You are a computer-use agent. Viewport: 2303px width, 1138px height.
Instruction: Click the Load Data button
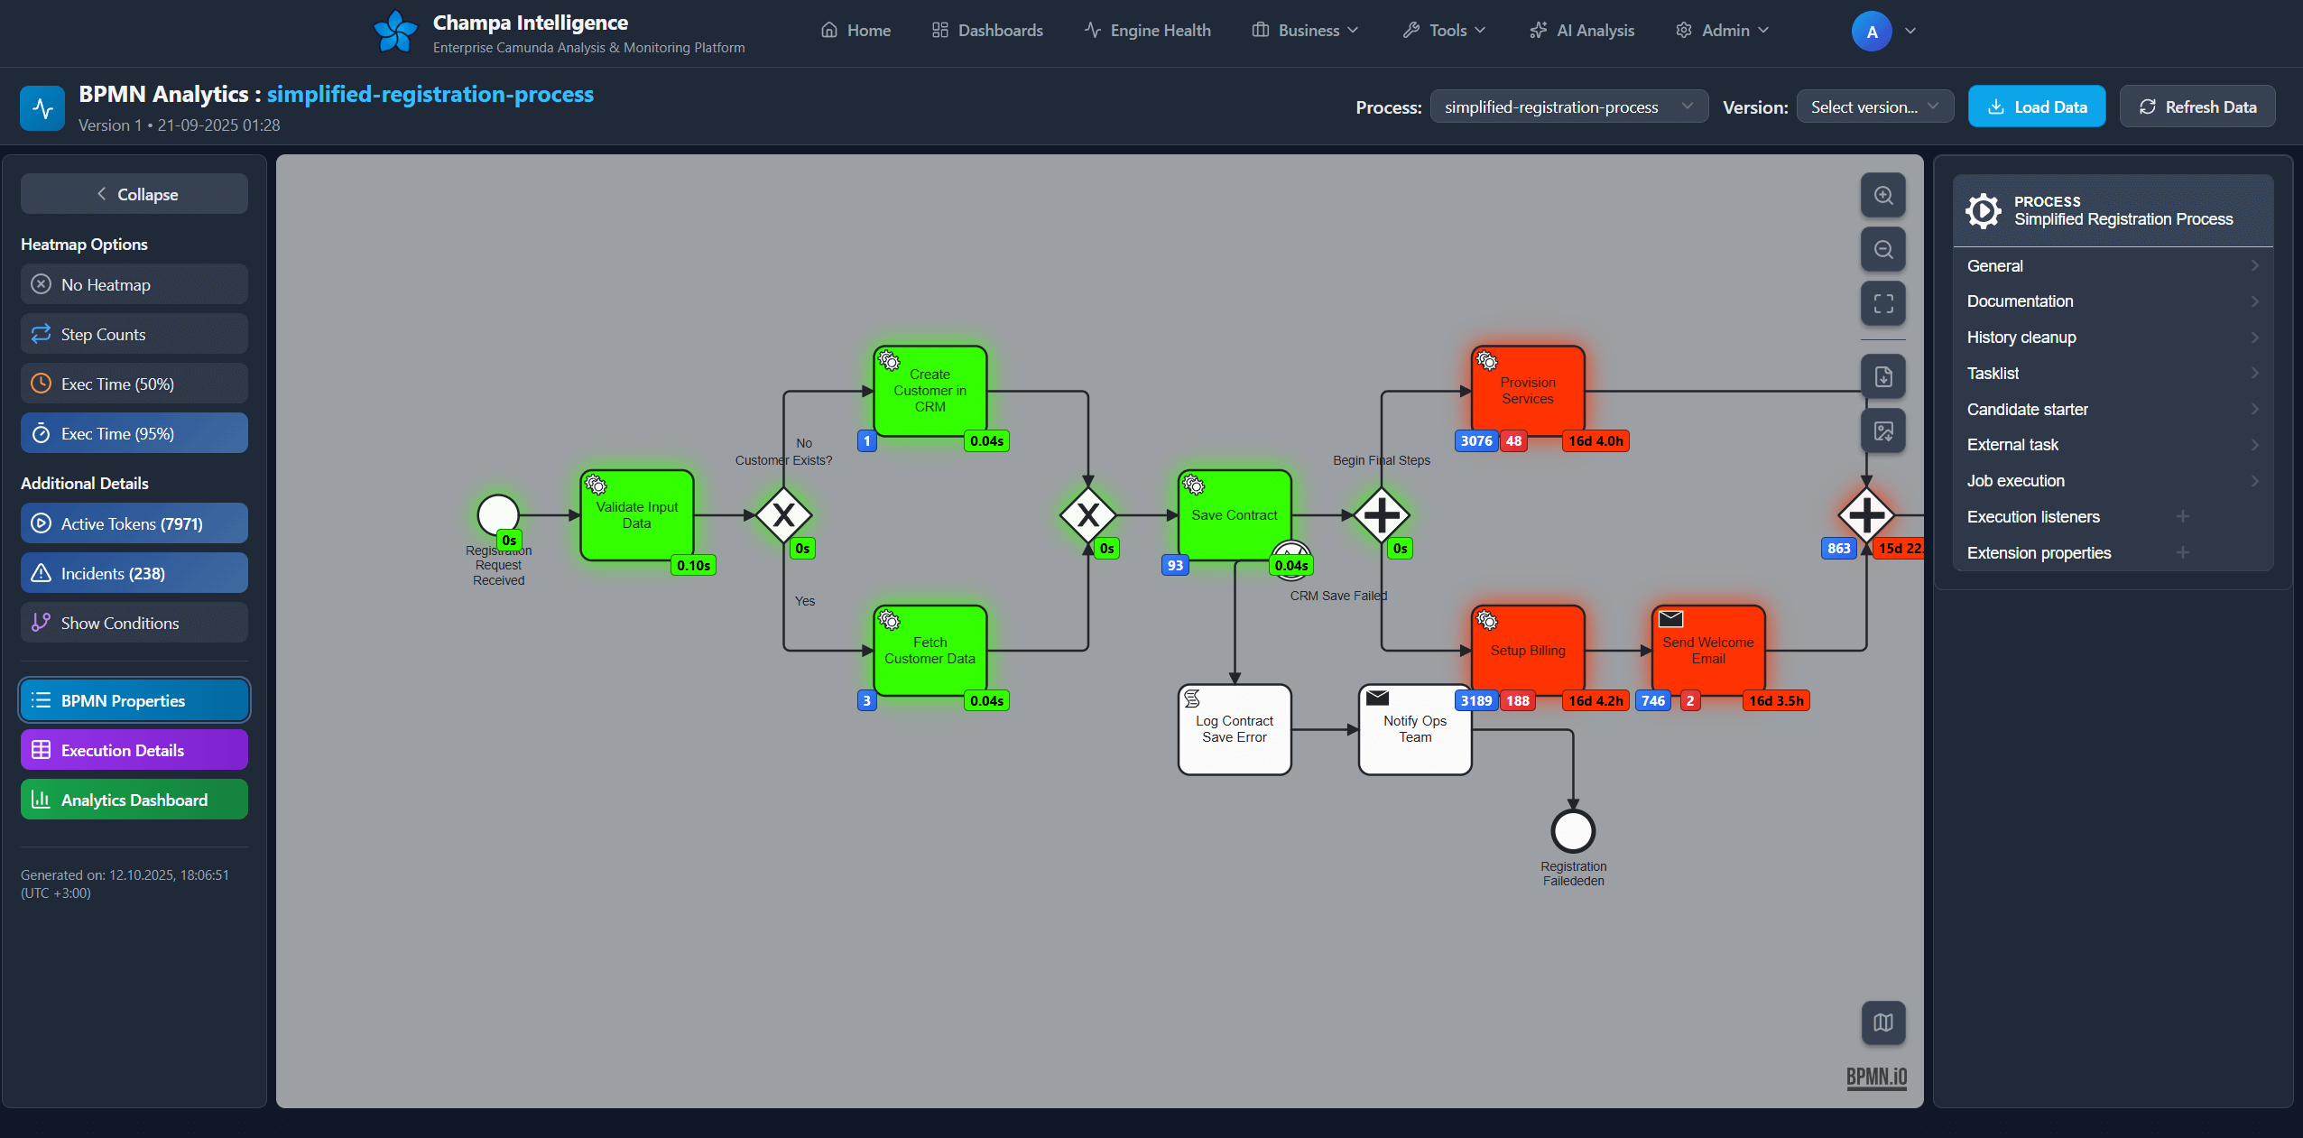click(2036, 106)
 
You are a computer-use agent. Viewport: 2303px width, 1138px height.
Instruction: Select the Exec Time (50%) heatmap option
click(134, 384)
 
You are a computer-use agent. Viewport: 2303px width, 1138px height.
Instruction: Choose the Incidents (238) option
click(134, 573)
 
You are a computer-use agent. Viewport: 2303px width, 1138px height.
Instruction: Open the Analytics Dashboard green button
click(134, 800)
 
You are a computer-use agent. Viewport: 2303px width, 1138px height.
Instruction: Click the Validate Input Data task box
click(636, 515)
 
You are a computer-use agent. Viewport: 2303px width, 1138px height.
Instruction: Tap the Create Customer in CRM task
click(930, 391)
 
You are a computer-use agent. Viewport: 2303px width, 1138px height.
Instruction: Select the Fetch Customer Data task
click(930, 651)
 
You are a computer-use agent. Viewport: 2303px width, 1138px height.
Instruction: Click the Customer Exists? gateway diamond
click(783, 515)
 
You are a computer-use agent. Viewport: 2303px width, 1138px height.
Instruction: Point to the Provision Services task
click(1528, 391)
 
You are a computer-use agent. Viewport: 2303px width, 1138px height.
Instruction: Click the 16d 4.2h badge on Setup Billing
click(1595, 701)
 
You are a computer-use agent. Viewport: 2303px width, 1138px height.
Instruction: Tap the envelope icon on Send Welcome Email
click(1670, 619)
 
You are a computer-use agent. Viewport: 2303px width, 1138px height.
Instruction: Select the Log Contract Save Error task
click(1234, 729)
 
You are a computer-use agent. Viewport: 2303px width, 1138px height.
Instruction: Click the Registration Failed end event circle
click(1573, 831)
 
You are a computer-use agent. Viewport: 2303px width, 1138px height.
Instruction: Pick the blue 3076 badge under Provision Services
click(1475, 441)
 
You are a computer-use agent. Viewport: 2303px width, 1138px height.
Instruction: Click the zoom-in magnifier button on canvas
click(1882, 196)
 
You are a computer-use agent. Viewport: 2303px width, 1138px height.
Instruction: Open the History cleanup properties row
click(2112, 338)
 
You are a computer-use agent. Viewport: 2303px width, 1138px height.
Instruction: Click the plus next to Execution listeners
click(2182, 517)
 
